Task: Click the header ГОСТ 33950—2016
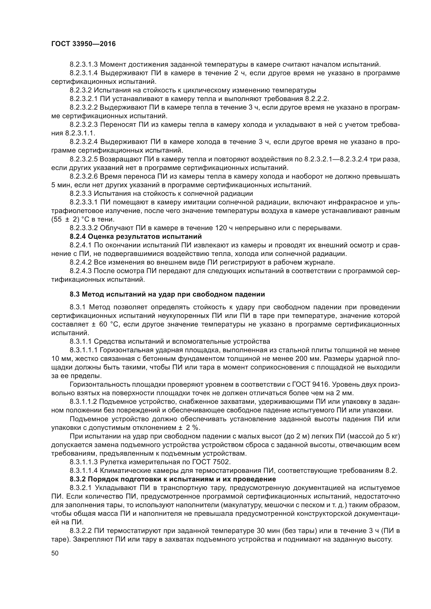[83, 44]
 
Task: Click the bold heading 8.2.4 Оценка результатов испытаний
[136, 236]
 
